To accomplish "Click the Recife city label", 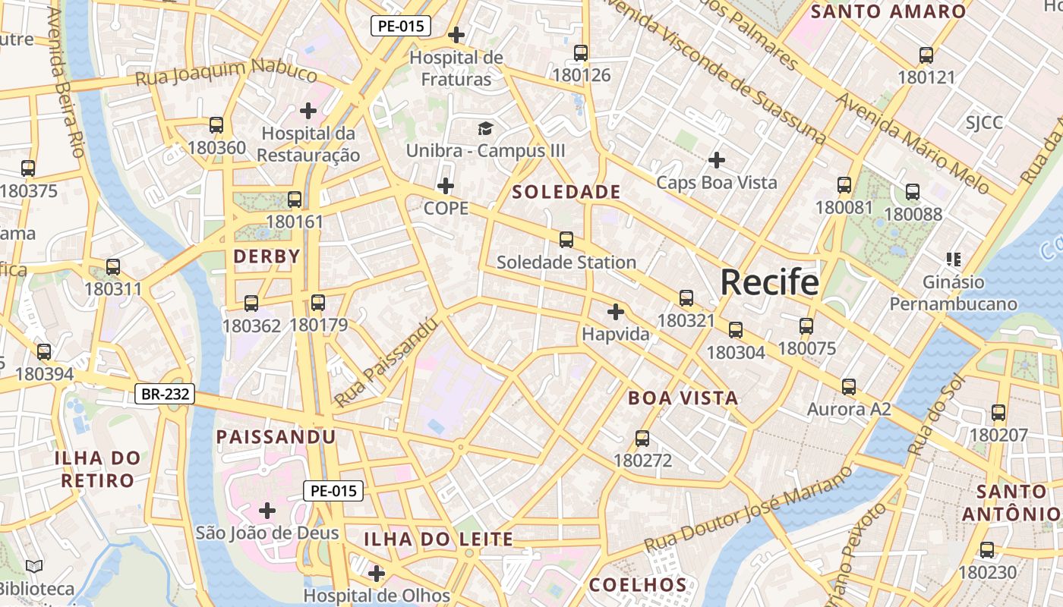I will tap(769, 282).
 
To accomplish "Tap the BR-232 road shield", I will tap(165, 394).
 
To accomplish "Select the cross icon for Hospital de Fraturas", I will tap(456, 34).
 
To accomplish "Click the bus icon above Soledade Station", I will tap(566, 240).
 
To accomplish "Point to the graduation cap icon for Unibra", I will tap(485, 128).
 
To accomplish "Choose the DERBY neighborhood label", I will tap(267, 256).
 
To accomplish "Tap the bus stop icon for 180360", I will tap(216, 125).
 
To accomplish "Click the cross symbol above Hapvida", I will tap(616, 312).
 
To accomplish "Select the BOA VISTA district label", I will tap(683, 398).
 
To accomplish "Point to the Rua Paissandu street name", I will tap(386, 362).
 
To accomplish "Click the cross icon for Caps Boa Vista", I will tap(716, 160).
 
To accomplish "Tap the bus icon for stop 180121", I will tap(926, 55).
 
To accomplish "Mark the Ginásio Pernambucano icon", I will tap(954, 259).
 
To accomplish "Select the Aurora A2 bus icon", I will tap(849, 387).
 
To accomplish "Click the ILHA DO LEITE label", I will tap(438, 539).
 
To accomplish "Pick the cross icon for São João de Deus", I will tap(267, 511).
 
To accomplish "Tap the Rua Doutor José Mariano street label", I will tap(749, 509).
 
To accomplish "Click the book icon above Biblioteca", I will tap(34, 566).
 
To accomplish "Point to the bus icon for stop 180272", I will tap(642, 439).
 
